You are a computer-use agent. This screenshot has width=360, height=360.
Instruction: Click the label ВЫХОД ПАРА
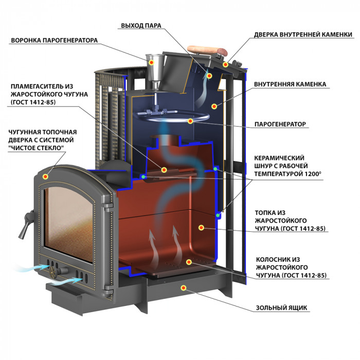141,26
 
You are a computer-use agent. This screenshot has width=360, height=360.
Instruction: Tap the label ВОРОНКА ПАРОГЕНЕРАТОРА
55,41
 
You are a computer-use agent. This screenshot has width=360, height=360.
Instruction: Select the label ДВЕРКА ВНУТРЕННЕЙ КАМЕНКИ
303,34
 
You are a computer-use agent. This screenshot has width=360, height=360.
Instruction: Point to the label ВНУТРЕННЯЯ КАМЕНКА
290,84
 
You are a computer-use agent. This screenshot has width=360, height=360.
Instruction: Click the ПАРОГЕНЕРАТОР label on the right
280,124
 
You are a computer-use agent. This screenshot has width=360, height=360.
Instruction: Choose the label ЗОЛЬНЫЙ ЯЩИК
281,308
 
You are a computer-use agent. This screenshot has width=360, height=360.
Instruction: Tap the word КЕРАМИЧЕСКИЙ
279,158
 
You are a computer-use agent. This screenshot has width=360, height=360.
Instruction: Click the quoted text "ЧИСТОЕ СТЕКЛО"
36,148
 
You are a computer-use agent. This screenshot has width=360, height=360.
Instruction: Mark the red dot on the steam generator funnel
151,62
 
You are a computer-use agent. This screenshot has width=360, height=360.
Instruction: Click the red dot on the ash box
183,288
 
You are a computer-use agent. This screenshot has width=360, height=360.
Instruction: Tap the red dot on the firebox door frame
45,176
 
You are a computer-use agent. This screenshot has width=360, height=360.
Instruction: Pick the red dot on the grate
189,262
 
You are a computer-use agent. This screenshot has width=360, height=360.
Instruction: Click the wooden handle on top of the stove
207,51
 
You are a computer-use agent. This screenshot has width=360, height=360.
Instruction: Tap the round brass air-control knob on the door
52,272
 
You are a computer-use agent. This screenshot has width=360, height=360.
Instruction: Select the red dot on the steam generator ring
190,121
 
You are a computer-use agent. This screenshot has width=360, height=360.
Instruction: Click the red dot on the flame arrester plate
164,170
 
